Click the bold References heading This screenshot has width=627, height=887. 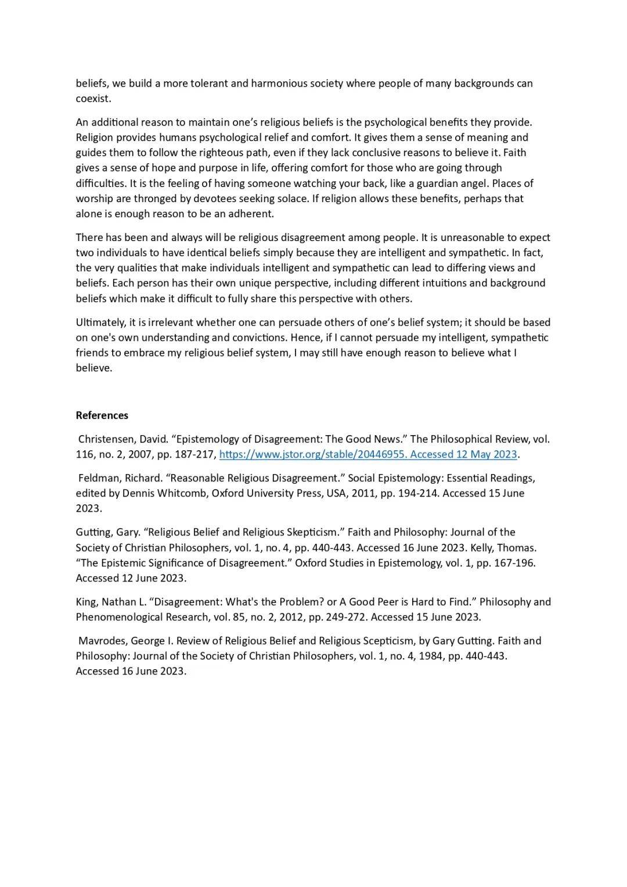(102, 415)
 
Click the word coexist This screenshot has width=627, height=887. (93, 99)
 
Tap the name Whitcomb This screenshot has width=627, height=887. (182, 493)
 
